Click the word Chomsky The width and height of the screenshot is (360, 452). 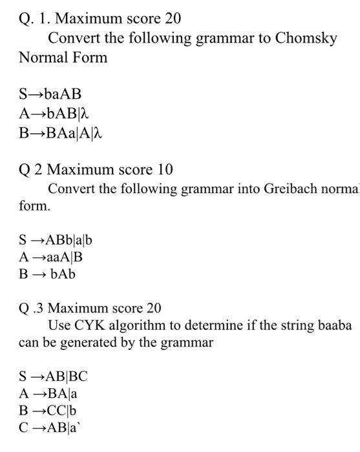(306, 38)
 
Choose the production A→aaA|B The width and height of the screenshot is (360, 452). (52, 257)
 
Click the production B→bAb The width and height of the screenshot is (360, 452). (48, 274)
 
